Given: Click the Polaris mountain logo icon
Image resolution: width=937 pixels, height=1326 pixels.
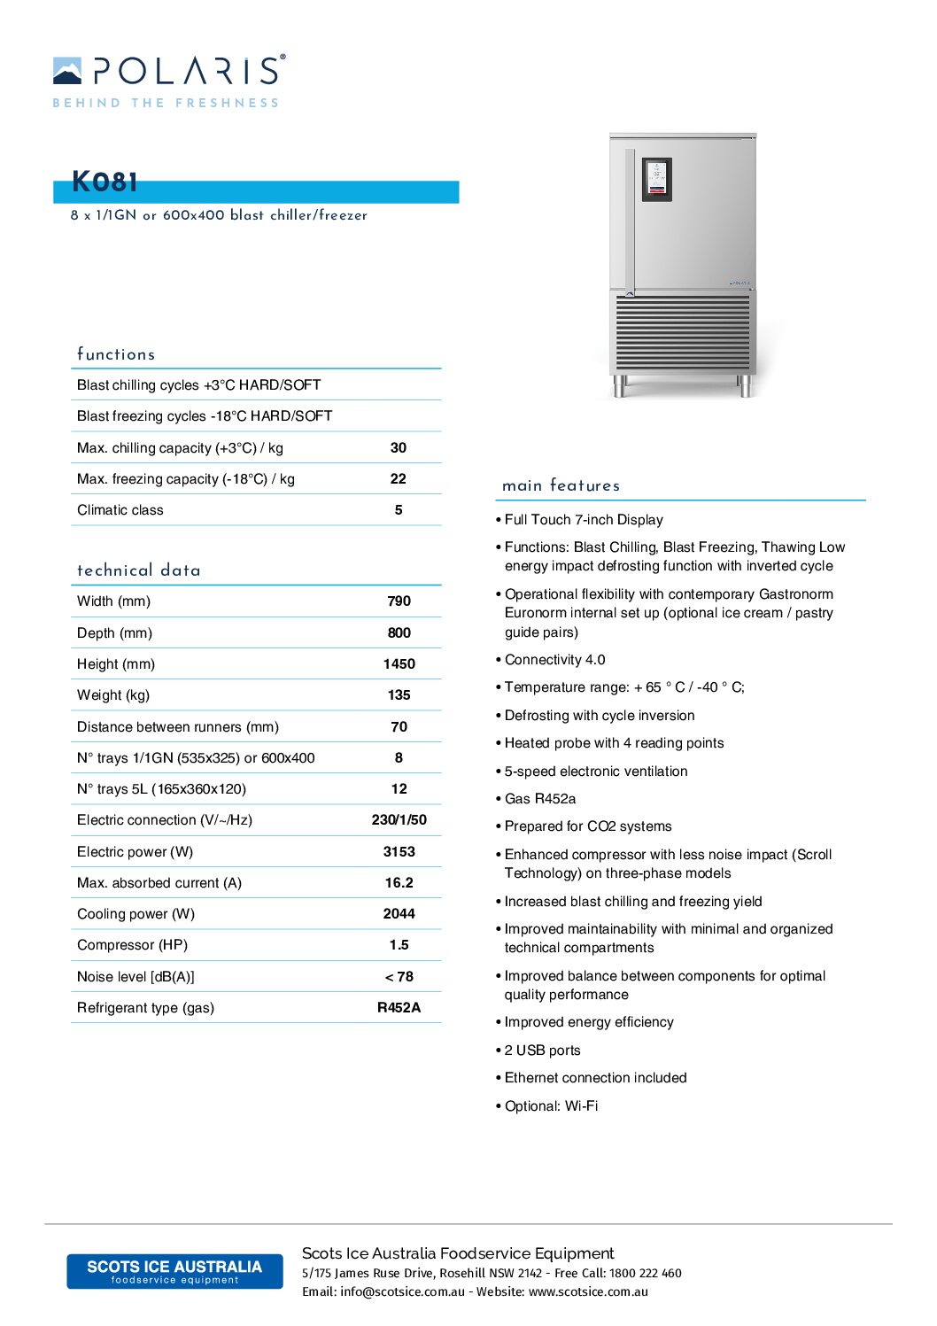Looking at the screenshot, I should coord(67,71).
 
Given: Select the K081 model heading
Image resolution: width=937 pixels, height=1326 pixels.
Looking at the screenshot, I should coord(105,182).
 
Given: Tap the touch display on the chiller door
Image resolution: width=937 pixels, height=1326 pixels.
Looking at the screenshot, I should coord(656,178).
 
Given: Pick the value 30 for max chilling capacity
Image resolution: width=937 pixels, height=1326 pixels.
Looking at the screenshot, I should coord(399,447).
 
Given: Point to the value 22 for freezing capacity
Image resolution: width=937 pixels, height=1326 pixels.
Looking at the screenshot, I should coord(399,478).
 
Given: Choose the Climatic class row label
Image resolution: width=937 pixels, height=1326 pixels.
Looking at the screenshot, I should coord(120,510).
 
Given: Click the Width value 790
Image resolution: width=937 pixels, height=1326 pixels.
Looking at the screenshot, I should coord(399,601).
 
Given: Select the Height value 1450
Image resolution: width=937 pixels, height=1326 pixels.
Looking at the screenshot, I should coord(399,663).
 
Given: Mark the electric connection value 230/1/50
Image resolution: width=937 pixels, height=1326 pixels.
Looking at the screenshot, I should coord(399,820).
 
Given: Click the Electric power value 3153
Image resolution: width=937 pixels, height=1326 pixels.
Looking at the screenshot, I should coord(399,851).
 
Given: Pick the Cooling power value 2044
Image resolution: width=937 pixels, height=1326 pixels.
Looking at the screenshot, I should coord(399,913).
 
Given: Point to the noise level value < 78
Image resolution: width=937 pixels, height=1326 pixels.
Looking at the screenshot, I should coord(399,976).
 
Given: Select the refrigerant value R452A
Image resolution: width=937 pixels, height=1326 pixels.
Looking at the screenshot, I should coord(399,1007).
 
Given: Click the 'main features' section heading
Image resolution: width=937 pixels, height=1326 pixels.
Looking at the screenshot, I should coord(561,485).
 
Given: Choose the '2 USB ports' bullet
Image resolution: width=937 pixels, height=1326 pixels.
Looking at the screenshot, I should coord(543,1051).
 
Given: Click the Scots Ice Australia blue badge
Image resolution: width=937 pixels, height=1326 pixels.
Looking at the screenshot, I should coord(174,1271).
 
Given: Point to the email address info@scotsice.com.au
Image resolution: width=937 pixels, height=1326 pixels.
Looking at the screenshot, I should coord(402,1291).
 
